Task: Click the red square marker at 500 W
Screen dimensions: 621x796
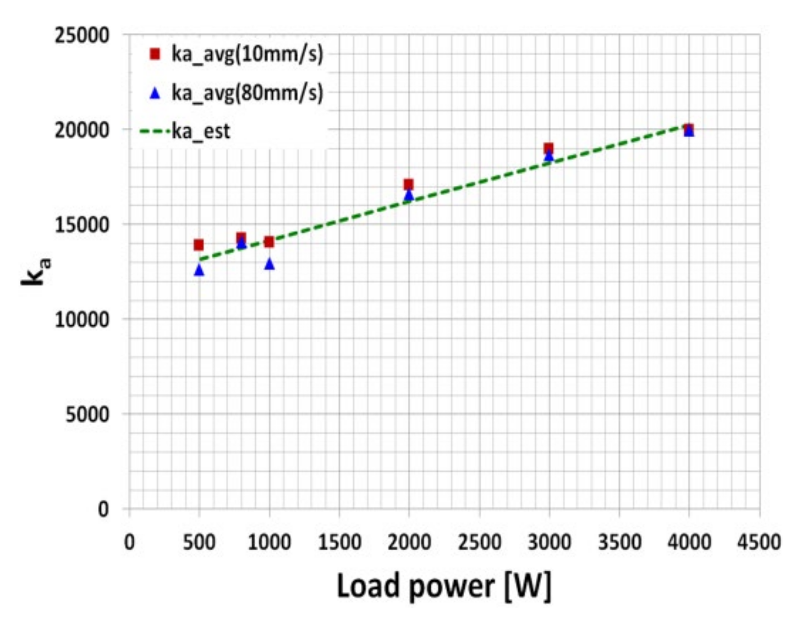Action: (199, 245)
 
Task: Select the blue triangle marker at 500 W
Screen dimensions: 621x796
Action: (199, 270)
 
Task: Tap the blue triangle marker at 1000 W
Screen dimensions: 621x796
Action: (269, 264)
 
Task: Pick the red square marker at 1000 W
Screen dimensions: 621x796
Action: (269, 242)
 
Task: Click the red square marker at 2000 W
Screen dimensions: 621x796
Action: (408, 184)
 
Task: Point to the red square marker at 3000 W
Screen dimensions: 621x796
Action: (548, 148)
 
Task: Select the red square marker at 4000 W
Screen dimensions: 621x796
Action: (689, 129)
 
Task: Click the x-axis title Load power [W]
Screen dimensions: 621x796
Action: (444, 586)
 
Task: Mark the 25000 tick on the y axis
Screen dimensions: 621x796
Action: (82, 35)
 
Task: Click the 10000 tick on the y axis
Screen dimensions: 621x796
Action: (82, 319)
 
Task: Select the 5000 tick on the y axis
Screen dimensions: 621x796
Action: (87, 414)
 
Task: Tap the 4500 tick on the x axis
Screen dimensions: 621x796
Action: (759, 542)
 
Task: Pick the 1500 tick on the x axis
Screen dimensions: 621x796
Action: (339, 542)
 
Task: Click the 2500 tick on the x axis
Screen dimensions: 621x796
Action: (479, 542)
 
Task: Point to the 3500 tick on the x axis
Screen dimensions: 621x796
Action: (619, 542)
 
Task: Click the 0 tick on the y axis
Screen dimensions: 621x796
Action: (103, 509)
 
